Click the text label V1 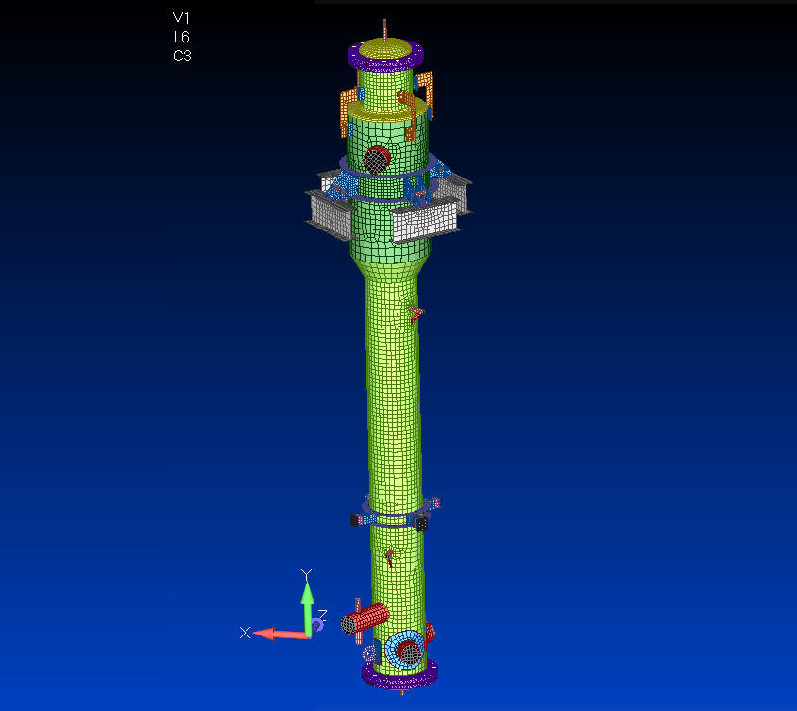(181, 18)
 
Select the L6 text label (181, 37)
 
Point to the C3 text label (182, 56)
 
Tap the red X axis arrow (280, 634)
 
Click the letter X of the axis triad (245, 633)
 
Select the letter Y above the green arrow (306, 574)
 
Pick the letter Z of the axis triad (322, 614)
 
